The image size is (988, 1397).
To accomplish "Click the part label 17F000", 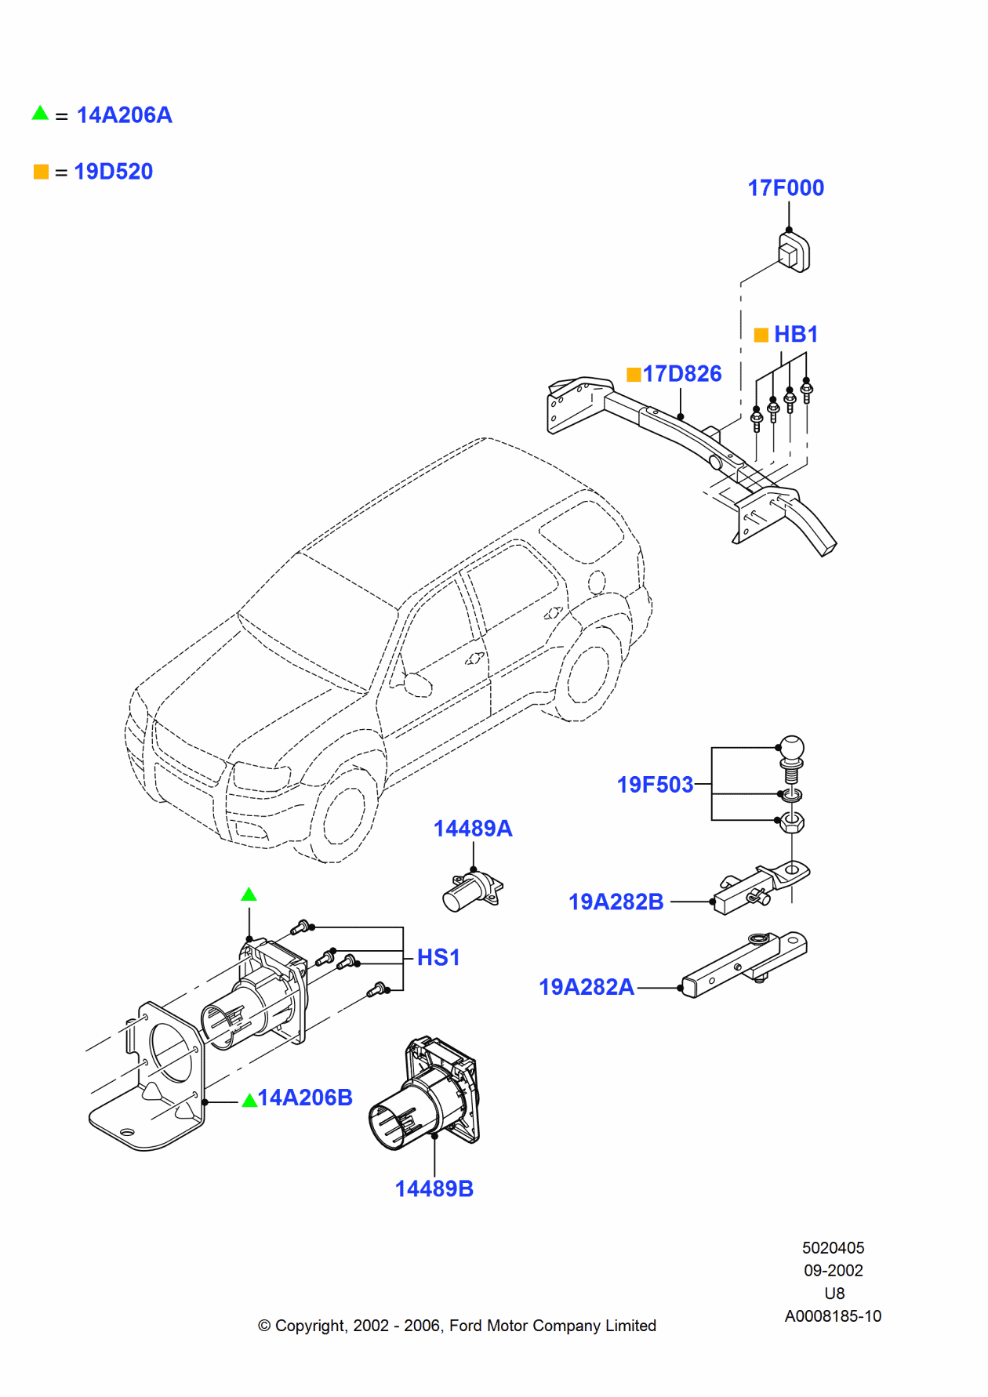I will tap(786, 188).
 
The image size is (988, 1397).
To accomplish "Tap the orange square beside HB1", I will tap(761, 336).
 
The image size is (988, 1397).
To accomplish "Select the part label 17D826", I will tap(682, 374).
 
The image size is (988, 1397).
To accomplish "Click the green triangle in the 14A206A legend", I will tap(40, 114).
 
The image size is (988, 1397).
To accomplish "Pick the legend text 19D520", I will tap(114, 172).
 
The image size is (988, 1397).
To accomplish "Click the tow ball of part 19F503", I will tap(792, 749).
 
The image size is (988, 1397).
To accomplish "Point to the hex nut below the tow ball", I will tap(792, 822).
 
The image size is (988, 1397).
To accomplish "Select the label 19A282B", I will tap(616, 902).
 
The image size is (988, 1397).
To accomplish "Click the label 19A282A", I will tap(587, 987).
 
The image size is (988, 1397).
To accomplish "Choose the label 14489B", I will tap(434, 1189).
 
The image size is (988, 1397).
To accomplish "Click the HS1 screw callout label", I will tap(438, 957).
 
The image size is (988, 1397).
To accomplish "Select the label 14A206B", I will tap(305, 1098).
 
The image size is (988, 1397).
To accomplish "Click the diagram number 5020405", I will tap(833, 1248).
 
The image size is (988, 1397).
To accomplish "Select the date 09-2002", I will tap(833, 1271).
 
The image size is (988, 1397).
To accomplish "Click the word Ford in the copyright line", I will tap(466, 1326).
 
